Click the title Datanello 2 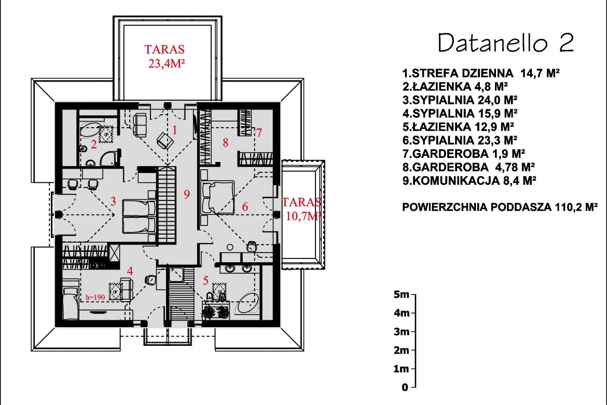[506, 43]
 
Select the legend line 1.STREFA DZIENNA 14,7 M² [481, 73]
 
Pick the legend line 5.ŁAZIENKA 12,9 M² [458, 127]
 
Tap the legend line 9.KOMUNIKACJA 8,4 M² [469, 181]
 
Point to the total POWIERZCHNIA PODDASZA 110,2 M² [500, 207]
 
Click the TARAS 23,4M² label [165, 56]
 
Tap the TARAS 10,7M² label [301, 209]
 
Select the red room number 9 [187, 194]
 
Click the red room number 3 [113, 201]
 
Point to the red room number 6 [245, 207]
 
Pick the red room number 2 [94, 144]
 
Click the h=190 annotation [95, 297]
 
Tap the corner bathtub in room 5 [247, 303]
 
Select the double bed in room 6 [217, 197]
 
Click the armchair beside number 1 [165, 140]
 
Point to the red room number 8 [225, 143]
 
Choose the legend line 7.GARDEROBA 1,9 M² [464, 154]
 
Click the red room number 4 [130, 271]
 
